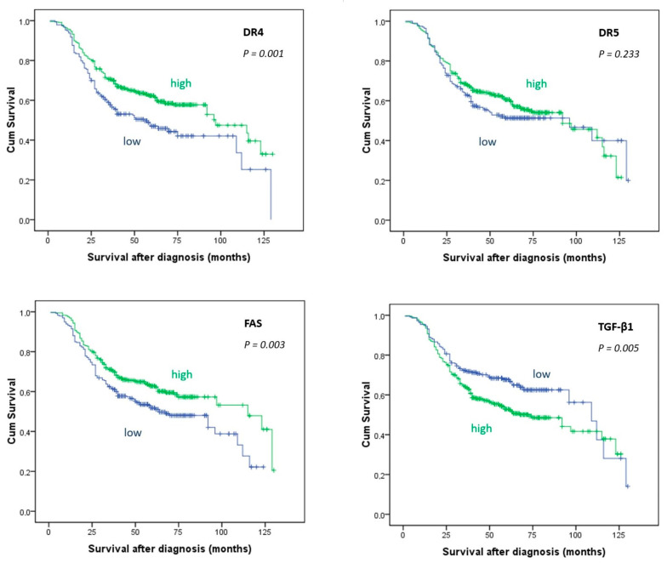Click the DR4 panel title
tap(254, 32)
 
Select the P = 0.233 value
tap(619, 54)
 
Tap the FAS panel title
tap(254, 323)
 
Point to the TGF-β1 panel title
tap(616, 327)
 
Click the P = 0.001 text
tap(263, 54)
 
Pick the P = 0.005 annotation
tap(619, 349)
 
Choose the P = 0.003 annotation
tap(264, 345)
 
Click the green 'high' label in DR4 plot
tap(180, 83)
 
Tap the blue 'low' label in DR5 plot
tap(487, 141)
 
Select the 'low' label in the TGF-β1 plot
tap(541, 374)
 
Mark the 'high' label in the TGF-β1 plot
tap(482, 429)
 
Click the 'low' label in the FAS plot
tap(133, 432)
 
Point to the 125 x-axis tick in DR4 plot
tap(264, 241)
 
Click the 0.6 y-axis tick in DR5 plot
tap(379, 101)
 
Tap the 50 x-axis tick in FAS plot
tap(134, 532)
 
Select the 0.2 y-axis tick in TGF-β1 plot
tap(379, 475)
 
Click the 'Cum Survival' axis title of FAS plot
tap(12, 412)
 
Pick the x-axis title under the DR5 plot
tap(524, 258)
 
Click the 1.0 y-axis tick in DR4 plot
tap(24, 21)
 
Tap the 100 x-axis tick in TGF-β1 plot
tap(575, 535)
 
